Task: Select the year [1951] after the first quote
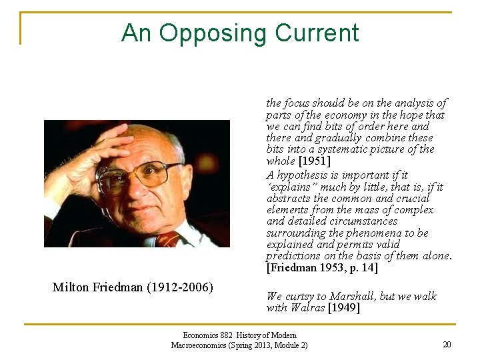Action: pyautogui.click(x=315, y=161)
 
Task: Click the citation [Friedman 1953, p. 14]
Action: pyautogui.click(x=322, y=268)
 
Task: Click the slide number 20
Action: pyautogui.click(x=447, y=345)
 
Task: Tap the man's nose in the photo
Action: pyautogui.click(x=141, y=189)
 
